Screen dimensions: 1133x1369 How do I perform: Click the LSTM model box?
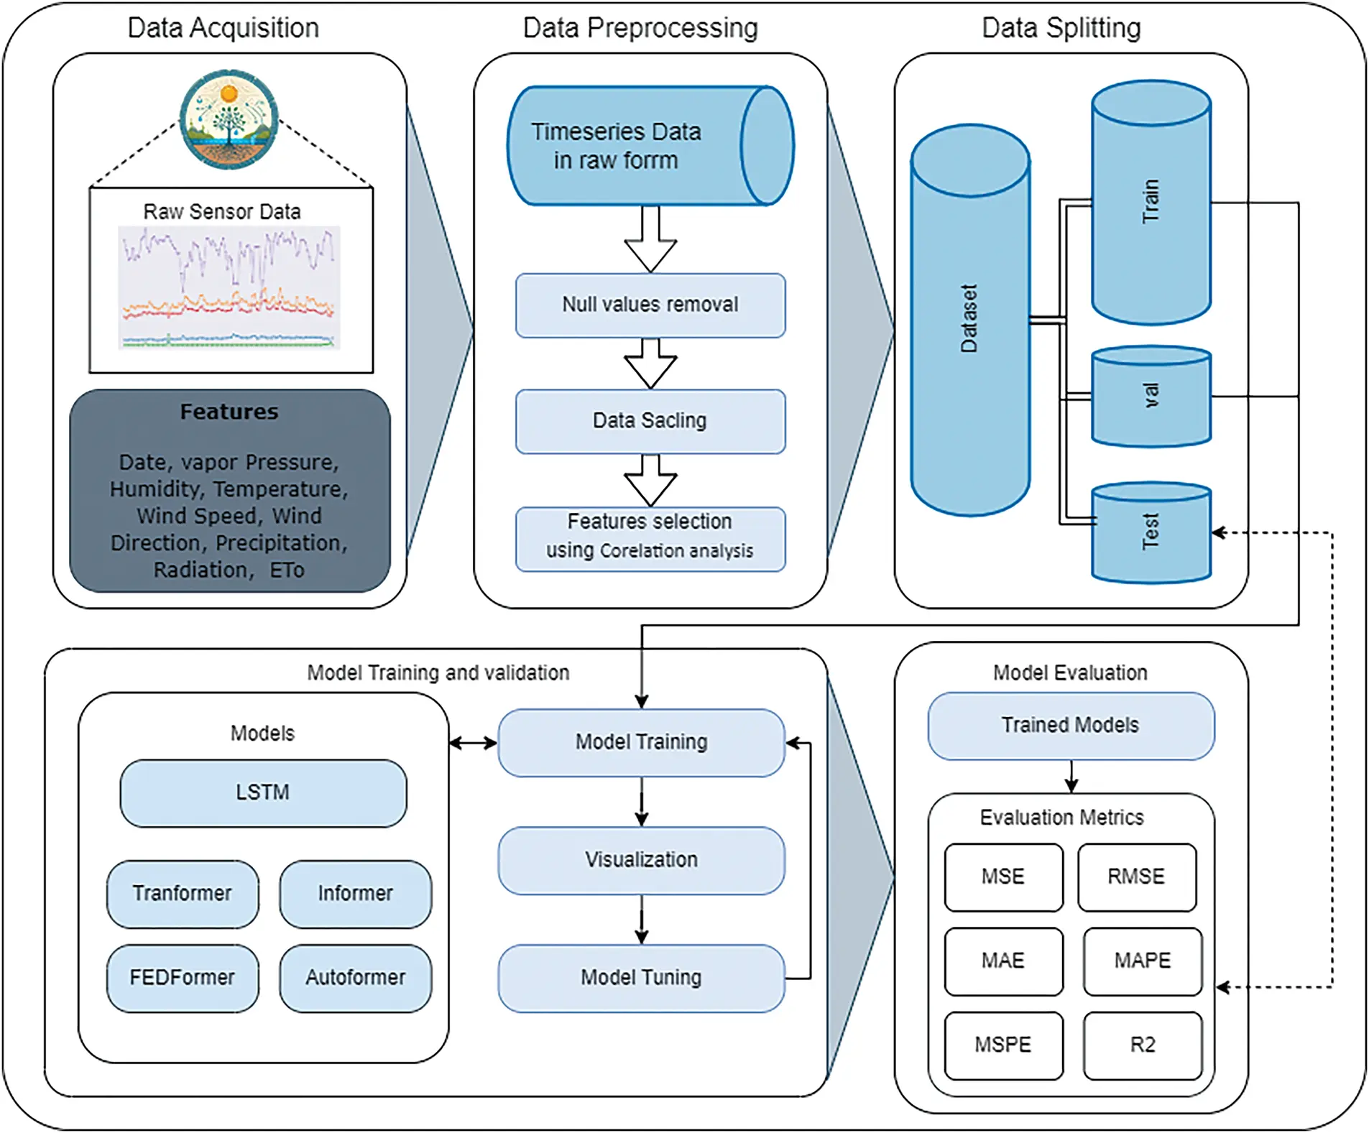[x=263, y=793]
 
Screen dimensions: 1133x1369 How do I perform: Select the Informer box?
[x=355, y=894]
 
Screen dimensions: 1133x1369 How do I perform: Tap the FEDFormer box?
[x=183, y=978]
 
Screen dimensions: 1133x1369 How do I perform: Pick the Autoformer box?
[x=355, y=978]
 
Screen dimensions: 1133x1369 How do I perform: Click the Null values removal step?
[x=650, y=305]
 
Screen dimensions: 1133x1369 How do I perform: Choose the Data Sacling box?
[x=650, y=421]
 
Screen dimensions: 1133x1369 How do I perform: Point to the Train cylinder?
[x=1151, y=203]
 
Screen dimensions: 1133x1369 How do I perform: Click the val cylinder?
[x=1151, y=397]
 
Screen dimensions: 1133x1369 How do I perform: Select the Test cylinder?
[x=1151, y=532]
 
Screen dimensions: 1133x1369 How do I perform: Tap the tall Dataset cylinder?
[x=969, y=320]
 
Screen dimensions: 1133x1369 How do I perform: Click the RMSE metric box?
[x=1136, y=877]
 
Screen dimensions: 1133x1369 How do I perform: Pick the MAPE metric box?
[x=1142, y=961]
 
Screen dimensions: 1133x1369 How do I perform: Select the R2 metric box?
[x=1142, y=1045]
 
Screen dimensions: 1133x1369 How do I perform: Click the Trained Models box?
[x=1070, y=726]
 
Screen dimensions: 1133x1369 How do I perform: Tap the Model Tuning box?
[x=641, y=978]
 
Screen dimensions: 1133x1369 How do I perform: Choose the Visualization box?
[x=641, y=860]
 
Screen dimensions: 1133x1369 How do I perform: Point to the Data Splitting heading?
[x=1061, y=28]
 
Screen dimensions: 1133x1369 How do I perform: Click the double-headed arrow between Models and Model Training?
[x=473, y=743]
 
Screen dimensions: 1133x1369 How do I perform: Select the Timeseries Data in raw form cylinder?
[x=650, y=146]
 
